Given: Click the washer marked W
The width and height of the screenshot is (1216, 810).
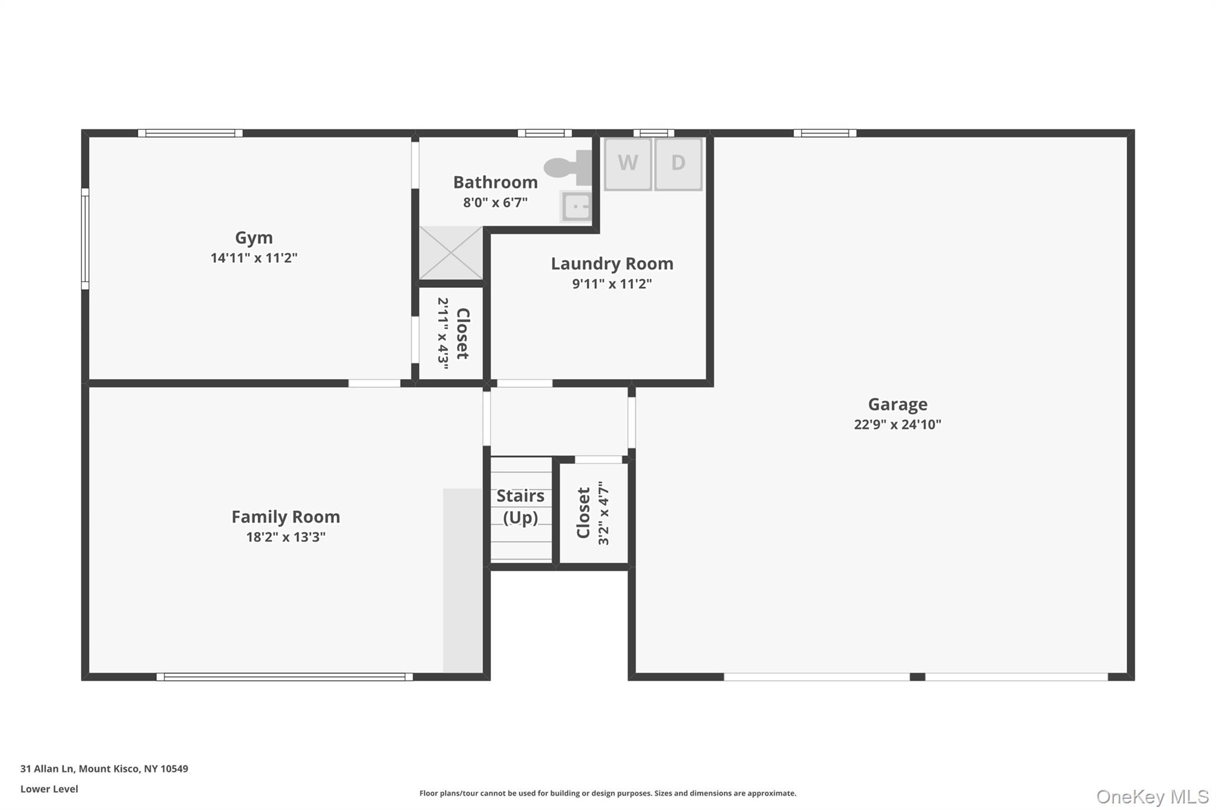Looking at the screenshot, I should point(628,163).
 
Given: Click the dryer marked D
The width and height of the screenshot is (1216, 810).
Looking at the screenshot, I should point(678,163).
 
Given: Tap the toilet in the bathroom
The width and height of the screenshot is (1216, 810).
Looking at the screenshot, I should point(567,167).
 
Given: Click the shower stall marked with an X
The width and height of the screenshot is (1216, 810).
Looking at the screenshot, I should point(451,253).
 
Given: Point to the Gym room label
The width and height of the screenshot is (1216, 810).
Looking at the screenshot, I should point(254,237).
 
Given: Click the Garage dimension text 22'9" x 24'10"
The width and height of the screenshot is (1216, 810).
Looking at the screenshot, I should point(897,424).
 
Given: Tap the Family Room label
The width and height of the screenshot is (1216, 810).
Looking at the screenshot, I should point(286,517).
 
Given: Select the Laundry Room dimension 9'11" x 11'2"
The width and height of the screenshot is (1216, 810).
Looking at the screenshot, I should point(612,284).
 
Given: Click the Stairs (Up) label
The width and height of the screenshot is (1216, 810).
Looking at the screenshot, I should point(520,506).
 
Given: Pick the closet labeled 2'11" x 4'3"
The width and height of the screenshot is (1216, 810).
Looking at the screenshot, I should point(452,333).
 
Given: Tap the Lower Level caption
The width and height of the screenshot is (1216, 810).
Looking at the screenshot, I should point(49,789).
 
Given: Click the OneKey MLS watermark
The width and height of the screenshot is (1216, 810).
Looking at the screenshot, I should point(1152,796).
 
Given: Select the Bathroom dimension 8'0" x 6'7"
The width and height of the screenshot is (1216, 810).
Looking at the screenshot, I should point(495,202).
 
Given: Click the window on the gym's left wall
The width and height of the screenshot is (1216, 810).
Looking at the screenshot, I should point(85,239).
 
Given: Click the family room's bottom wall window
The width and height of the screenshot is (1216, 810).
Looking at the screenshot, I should point(284,676).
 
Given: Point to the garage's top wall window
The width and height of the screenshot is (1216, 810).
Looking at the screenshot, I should point(825,133).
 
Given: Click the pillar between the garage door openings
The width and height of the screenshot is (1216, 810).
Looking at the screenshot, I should point(917,676).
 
